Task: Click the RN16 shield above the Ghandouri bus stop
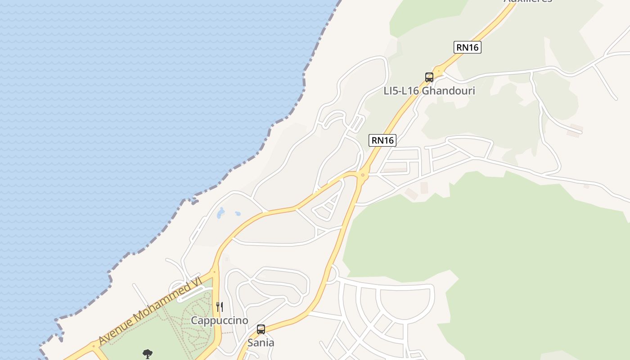pyautogui.click(x=467, y=47)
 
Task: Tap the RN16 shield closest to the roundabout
pyautogui.click(x=382, y=140)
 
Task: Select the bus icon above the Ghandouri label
pyautogui.click(x=429, y=77)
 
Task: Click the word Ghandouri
pyautogui.click(x=449, y=91)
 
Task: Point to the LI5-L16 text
pyautogui.click(x=401, y=91)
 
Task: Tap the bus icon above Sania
pyautogui.click(x=261, y=329)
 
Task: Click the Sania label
pyautogui.click(x=261, y=343)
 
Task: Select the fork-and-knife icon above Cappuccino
pyautogui.click(x=220, y=307)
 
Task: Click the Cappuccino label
pyautogui.click(x=220, y=320)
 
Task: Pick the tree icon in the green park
pyautogui.click(x=147, y=354)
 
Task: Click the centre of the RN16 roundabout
pyautogui.click(x=363, y=175)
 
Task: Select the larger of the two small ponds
pyautogui.click(x=220, y=213)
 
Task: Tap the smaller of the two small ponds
pyautogui.click(x=237, y=214)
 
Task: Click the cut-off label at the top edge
pyautogui.click(x=527, y=1)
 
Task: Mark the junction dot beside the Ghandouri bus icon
pyautogui.click(x=438, y=71)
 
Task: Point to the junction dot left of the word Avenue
pyautogui.click(x=94, y=346)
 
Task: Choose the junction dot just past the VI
pyautogui.click(x=214, y=271)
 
